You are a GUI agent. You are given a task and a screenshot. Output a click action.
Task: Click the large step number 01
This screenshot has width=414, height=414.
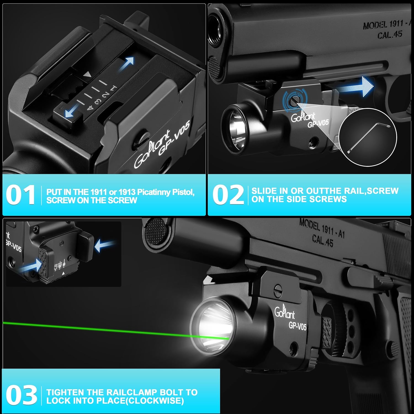pos(20,195)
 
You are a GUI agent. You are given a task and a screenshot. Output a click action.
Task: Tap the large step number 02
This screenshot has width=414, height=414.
pos(228,195)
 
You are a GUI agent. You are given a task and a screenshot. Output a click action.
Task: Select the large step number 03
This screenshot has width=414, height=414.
pos(21,395)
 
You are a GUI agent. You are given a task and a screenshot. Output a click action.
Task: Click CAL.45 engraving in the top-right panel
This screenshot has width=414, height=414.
pos(390,35)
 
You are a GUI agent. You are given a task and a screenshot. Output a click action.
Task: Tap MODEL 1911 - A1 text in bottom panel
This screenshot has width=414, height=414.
pos(322,228)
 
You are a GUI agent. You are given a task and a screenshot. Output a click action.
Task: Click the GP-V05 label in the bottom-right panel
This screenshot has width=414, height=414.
pos(298,326)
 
